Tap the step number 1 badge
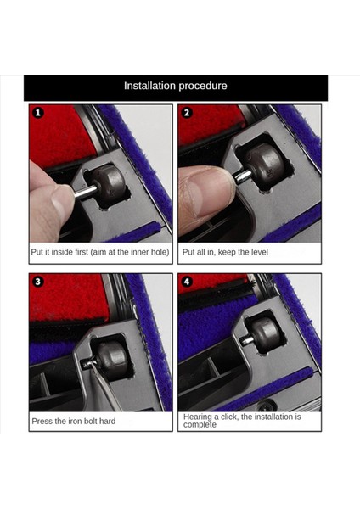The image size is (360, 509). (x=38, y=113)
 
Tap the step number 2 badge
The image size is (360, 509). (x=187, y=113)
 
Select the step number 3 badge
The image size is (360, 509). (x=38, y=282)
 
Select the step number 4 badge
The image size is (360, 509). (x=187, y=282)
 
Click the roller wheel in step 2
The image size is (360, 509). (x=266, y=167)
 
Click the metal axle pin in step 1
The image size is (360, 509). (x=85, y=191)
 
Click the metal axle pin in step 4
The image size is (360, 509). (x=247, y=340)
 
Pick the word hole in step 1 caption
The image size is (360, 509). (x=160, y=252)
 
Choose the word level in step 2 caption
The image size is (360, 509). (x=259, y=252)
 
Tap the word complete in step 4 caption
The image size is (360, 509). (x=200, y=425)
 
